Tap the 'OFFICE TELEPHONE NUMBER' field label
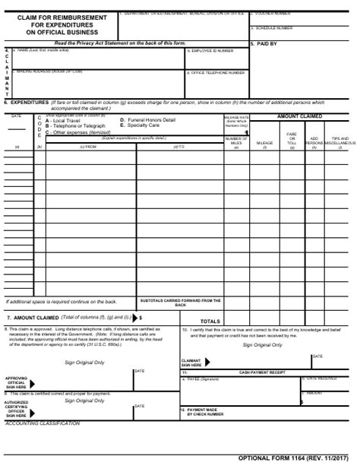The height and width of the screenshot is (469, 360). (x=217, y=73)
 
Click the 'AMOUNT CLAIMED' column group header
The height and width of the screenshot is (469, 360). (x=299, y=116)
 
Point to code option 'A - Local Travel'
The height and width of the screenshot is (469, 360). (x=65, y=121)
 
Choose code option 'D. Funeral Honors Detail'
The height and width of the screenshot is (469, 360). (x=147, y=120)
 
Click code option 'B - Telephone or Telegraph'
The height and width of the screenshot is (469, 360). (x=75, y=126)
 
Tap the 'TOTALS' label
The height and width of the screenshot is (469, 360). (x=210, y=321)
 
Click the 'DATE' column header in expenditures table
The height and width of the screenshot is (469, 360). (x=17, y=116)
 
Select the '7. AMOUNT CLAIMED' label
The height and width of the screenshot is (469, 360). (x=32, y=317)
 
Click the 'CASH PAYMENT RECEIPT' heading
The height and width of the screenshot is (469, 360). (x=262, y=372)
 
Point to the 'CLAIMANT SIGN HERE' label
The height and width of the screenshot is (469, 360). (x=191, y=363)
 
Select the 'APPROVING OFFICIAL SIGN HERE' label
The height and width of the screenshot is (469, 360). (x=17, y=382)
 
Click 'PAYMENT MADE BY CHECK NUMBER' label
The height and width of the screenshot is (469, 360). (x=208, y=412)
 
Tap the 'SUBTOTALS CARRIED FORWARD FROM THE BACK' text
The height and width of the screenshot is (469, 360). (x=181, y=303)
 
